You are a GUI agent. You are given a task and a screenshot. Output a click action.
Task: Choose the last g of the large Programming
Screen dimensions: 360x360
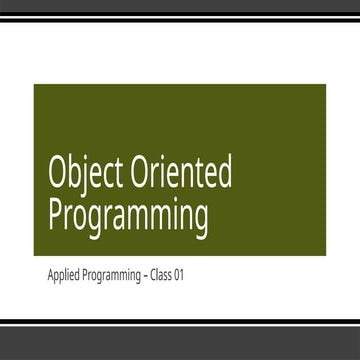click(x=200, y=221)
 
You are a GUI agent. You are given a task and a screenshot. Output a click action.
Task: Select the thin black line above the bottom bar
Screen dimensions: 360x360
click(x=180, y=322)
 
